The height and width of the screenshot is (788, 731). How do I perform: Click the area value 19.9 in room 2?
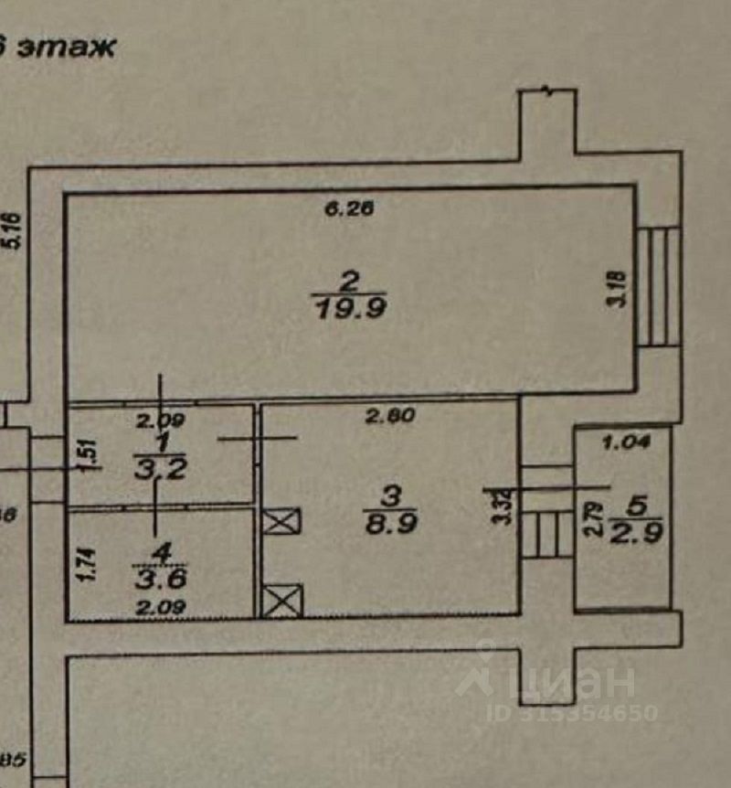tap(350, 309)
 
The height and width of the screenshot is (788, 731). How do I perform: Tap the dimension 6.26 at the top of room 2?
tap(350, 209)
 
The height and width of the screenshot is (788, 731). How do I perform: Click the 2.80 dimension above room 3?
tap(390, 416)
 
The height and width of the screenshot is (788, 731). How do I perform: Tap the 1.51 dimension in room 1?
tap(86, 454)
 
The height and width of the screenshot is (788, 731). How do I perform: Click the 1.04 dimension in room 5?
tap(627, 443)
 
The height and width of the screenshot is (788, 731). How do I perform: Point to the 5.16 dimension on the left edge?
tap(13, 230)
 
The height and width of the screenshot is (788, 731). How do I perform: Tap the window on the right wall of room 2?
tap(658, 287)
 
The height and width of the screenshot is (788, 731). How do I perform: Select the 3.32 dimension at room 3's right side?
tap(498, 506)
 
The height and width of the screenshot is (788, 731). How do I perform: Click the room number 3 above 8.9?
tap(390, 495)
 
